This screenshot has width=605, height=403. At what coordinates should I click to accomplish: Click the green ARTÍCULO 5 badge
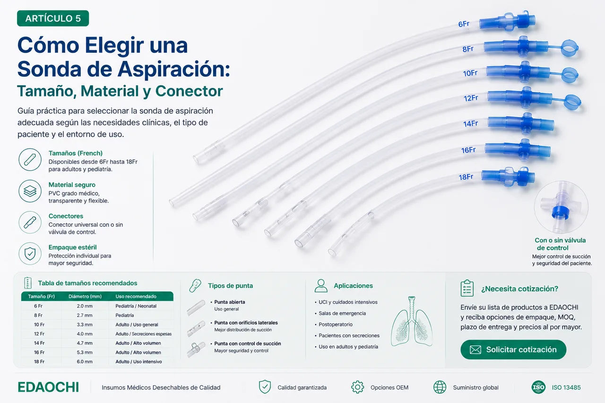[x=53, y=18]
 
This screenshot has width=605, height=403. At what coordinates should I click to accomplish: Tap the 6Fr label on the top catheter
[x=464, y=24]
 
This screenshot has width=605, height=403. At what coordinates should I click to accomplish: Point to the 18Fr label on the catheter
[x=466, y=177]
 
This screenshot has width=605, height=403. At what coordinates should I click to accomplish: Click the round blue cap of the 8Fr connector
[x=570, y=48]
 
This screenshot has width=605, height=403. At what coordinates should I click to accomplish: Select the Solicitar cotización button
[x=513, y=350]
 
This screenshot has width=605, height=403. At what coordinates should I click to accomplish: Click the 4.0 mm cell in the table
[x=85, y=334]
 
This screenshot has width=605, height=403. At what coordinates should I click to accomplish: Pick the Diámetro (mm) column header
[x=85, y=296]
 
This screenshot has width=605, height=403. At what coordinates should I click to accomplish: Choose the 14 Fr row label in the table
[x=39, y=343]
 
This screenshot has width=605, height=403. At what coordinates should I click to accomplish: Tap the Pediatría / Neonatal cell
[x=136, y=306]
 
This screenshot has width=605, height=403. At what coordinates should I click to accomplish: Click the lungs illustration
[x=411, y=322]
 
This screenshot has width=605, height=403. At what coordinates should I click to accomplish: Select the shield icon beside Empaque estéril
[x=30, y=254]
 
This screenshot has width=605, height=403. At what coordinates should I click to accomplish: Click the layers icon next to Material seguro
[x=30, y=191]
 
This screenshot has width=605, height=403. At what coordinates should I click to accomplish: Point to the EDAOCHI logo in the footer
[x=48, y=387]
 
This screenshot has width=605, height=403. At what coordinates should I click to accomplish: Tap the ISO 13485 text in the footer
[x=566, y=387]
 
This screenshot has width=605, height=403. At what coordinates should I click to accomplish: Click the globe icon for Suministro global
[x=440, y=387]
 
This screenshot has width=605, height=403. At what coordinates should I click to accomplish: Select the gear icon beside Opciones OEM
[x=357, y=387]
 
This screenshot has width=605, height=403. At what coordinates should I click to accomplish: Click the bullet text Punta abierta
[x=230, y=302]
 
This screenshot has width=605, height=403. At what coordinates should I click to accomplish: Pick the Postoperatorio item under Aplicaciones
[x=336, y=325]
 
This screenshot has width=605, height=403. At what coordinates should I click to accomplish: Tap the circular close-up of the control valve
[x=561, y=207]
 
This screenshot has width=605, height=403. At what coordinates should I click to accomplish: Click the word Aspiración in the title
[x=173, y=69]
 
